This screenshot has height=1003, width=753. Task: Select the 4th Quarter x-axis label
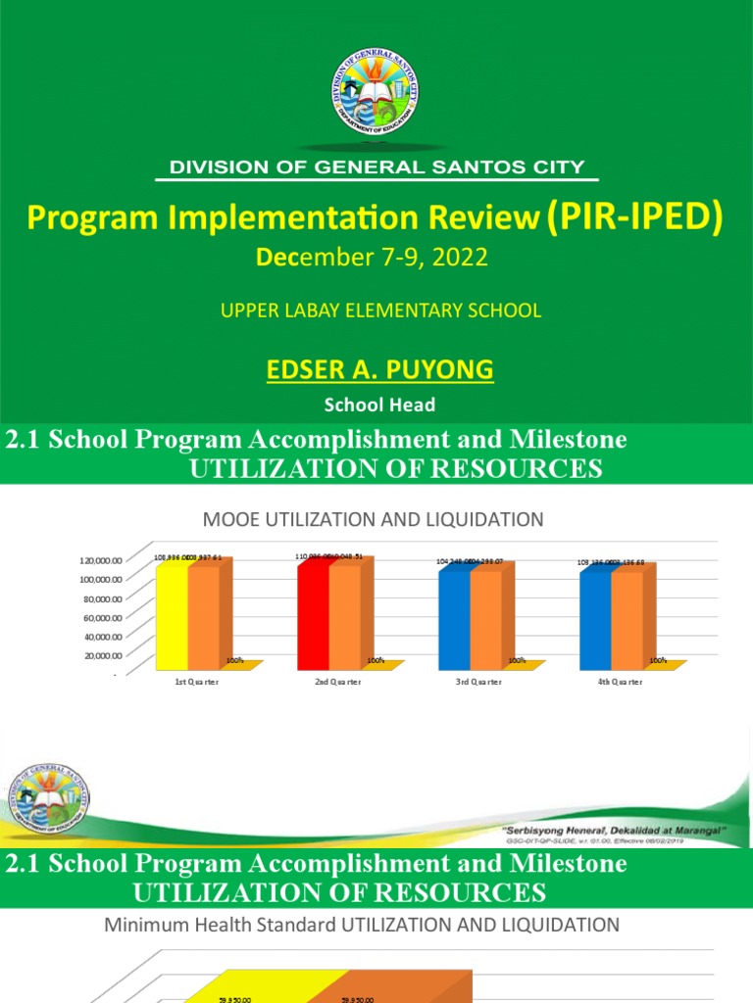coord(621,682)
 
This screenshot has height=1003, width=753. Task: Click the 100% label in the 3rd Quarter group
coord(517,660)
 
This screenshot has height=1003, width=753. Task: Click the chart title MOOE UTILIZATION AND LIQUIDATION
coord(373,519)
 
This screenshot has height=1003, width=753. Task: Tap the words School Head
coord(380,404)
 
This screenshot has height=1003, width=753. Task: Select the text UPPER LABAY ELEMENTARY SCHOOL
coord(380,310)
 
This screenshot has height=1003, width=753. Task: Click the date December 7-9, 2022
coord(372,259)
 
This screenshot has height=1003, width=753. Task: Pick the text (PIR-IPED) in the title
coord(633,218)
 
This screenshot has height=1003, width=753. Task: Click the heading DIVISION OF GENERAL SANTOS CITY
coord(377,167)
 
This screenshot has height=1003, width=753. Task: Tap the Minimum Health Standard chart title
coord(362,924)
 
